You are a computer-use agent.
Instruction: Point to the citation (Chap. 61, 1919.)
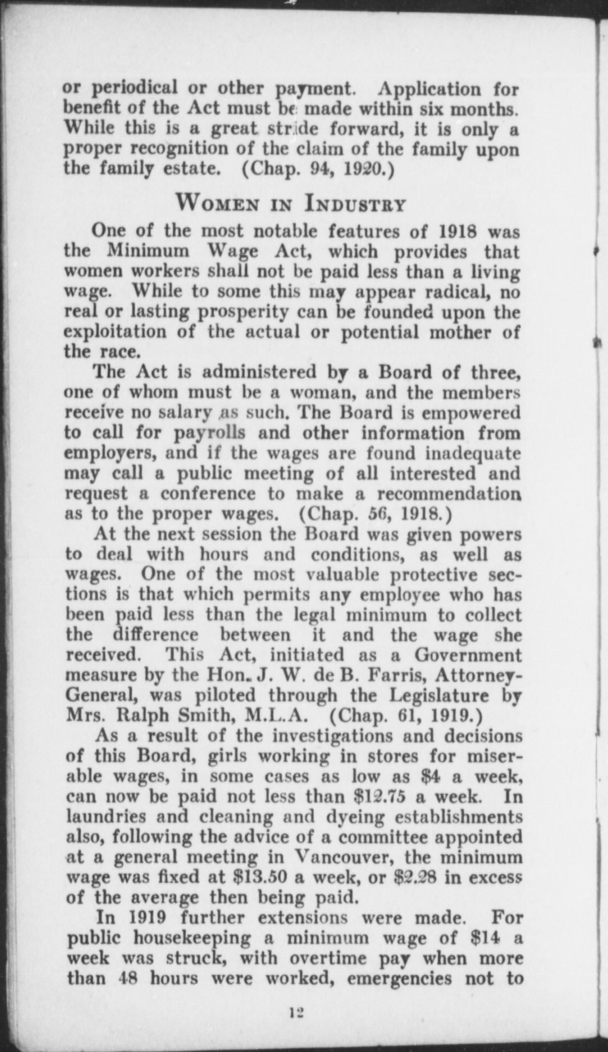tap(404, 716)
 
